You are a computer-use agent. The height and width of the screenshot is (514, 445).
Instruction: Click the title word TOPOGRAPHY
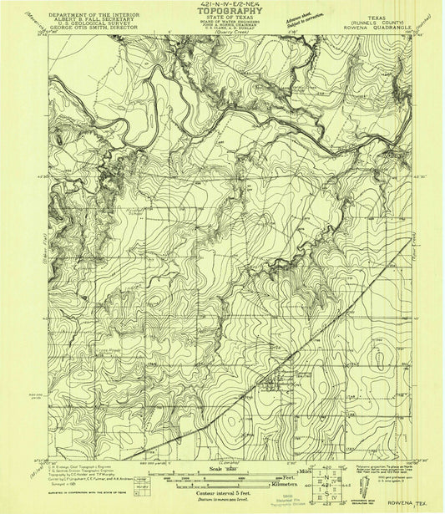click(223, 14)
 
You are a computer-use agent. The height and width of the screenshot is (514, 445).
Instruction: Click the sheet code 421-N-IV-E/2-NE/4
click(223, 5)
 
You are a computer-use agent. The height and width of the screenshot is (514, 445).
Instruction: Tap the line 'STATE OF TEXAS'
click(223, 20)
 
